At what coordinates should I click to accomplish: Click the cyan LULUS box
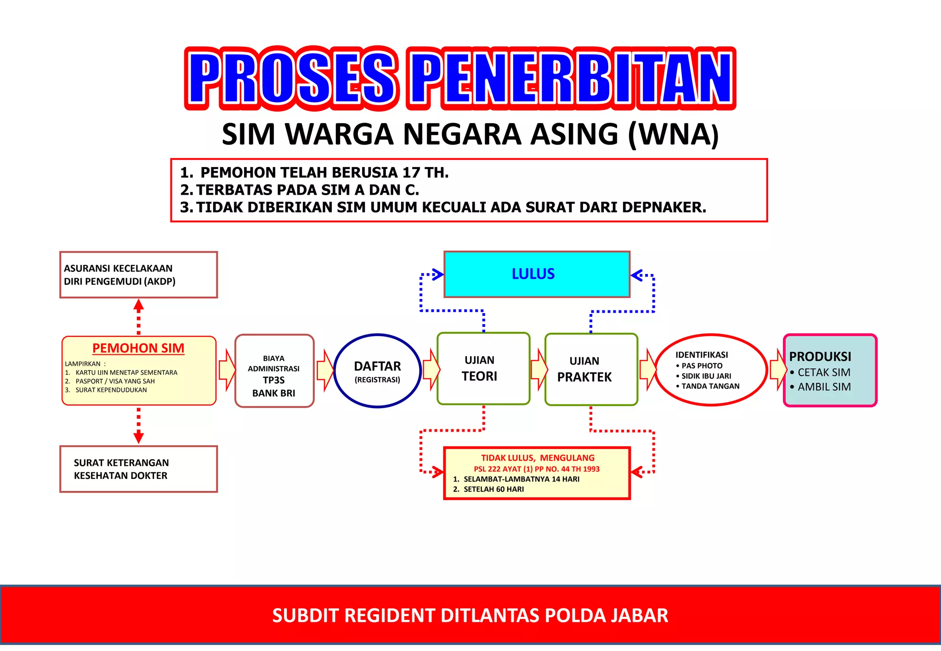pyautogui.click(x=536, y=274)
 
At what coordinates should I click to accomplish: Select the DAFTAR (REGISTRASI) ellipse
pyautogui.click(x=377, y=371)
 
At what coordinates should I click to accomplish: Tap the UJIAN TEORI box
pyautogui.click(x=483, y=369)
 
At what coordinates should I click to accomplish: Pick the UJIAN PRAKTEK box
pyautogui.click(x=590, y=370)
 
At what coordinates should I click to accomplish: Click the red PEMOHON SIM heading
pyautogui.click(x=138, y=348)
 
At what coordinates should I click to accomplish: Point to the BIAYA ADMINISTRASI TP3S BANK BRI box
pyautogui.click(x=274, y=371)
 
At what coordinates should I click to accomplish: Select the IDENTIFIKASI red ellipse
pyautogui.click(x=710, y=370)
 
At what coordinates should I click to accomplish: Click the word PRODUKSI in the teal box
pyautogui.click(x=820, y=356)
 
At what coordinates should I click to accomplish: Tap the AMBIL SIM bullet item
pyautogui.click(x=824, y=387)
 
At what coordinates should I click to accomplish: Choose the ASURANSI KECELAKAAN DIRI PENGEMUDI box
pyautogui.click(x=138, y=275)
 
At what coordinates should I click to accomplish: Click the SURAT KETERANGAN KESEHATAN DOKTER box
pyautogui.click(x=138, y=469)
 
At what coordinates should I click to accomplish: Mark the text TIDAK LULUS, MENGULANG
pyautogui.click(x=537, y=458)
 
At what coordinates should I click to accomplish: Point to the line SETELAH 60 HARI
pyautogui.click(x=493, y=489)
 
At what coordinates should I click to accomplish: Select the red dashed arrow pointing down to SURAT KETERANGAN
pyautogui.click(x=138, y=425)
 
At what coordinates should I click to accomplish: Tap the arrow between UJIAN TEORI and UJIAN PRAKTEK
pyautogui.click(x=538, y=369)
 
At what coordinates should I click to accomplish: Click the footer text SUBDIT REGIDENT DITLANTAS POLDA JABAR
pyautogui.click(x=470, y=615)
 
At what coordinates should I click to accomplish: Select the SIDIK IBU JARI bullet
pyautogui.click(x=706, y=376)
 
